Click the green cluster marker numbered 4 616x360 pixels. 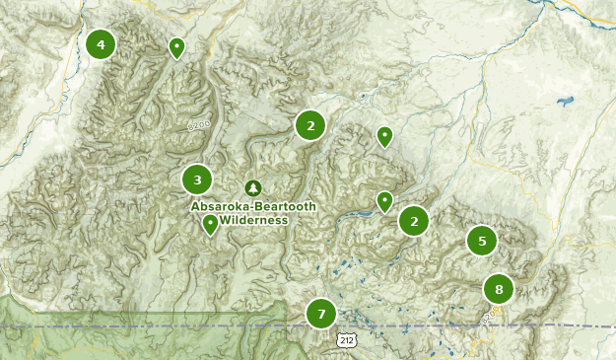[x=101, y=44]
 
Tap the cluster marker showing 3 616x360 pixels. [x=197, y=180]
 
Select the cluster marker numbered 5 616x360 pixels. [x=482, y=240]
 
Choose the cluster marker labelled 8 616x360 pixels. [x=499, y=289]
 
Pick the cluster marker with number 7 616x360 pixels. [x=321, y=315]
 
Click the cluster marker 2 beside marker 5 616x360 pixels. [x=414, y=221]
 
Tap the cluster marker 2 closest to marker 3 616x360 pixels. [x=310, y=125]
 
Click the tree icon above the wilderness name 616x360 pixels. [x=252, y=187]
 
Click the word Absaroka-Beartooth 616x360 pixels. [x=240, y=206]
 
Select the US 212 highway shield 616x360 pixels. [x=344, y=339]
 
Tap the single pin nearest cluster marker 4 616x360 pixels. [x=176, y=46]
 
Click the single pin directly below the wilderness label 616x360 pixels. [x=210, y=224]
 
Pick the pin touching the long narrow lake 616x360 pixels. [x=384, y=201]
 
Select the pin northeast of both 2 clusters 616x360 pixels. [x=384, y=136]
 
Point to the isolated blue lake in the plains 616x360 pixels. [x=565, y=102]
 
